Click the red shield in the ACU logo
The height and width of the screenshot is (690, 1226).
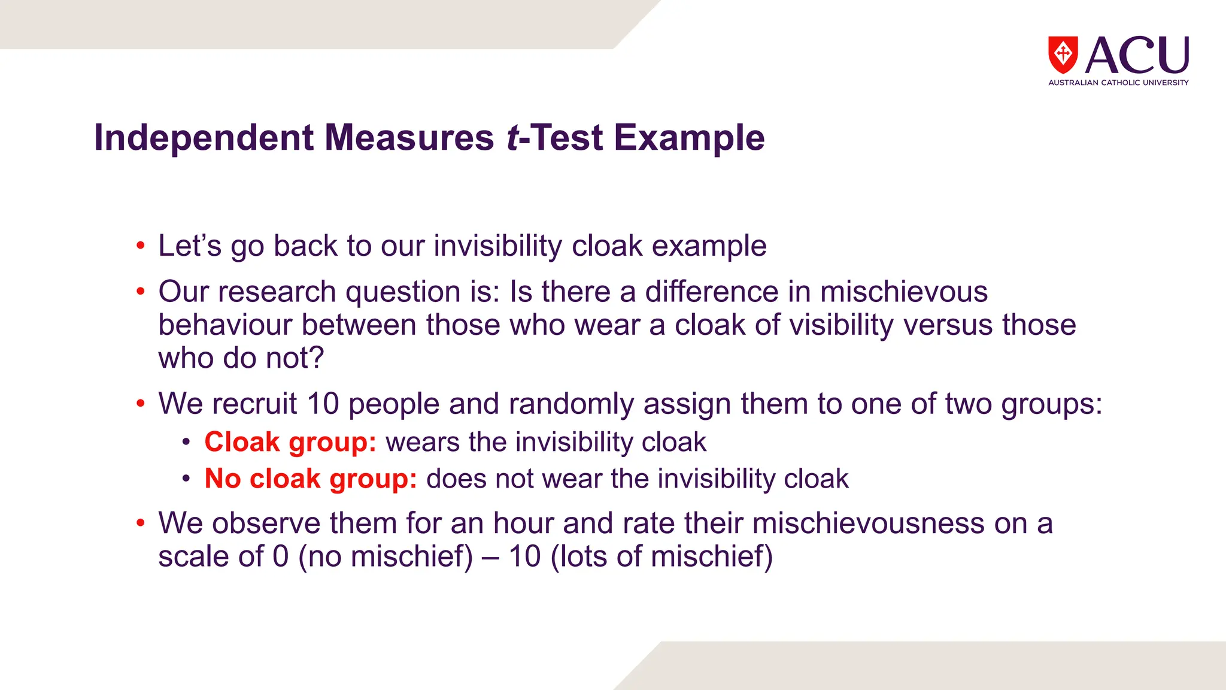[x=1063, y=55]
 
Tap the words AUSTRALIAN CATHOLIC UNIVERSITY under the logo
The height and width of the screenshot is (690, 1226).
[x=1118, y=83]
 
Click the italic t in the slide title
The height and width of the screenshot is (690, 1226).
[x=512, y=138]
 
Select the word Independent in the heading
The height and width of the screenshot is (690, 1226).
[x=204, y=138]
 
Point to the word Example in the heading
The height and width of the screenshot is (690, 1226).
[x=689, y=138]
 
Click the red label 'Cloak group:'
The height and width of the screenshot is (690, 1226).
[x=290, y=443]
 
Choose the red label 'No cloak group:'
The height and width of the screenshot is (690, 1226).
[x=311, y=479]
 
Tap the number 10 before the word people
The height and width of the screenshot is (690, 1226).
[x=323, y=404]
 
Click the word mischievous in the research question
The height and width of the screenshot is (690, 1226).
[x=903, y=292]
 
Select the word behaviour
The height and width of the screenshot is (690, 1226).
[x=227, y=325]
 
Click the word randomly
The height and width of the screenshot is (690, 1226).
[x=571, y=404]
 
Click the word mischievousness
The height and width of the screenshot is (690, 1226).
[x=868, y=523]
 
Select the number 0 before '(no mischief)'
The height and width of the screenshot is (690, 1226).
[x=281, y=556]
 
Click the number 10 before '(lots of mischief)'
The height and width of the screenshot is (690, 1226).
[x=525, y=556]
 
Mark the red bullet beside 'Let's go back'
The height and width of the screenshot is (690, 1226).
[x=140, y=246]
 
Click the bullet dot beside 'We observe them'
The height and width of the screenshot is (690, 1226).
[x=140, y=523]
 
